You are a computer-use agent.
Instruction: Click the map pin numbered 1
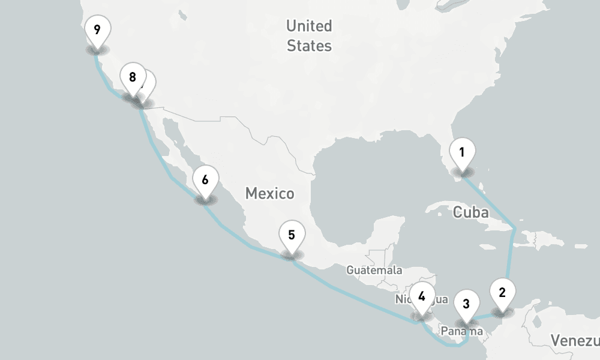462,153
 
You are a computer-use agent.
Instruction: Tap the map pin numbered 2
502,293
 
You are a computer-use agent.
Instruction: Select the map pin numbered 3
466,304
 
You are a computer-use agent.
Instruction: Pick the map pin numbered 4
422,296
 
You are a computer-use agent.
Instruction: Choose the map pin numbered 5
292,235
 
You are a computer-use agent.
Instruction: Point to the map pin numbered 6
205,180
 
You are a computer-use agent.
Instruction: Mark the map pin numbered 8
132,78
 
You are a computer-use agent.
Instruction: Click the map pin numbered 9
97,29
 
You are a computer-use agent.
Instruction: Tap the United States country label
309,35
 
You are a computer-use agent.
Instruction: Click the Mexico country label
269,193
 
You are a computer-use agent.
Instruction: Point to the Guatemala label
374,270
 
